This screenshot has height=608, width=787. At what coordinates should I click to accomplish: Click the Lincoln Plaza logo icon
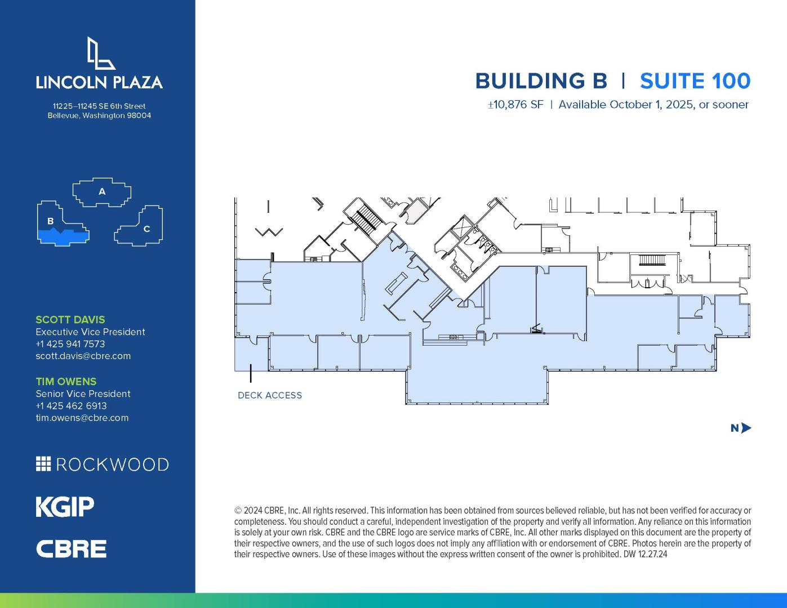pos(101,53)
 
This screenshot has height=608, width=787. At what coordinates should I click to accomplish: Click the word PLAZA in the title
pos(137,82)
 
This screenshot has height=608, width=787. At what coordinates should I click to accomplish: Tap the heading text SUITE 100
pos(695,81)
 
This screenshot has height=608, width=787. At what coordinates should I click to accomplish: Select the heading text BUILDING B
pos(541,81)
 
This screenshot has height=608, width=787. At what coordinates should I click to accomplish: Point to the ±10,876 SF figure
pos(515,105)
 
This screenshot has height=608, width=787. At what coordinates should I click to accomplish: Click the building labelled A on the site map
pos(102,192)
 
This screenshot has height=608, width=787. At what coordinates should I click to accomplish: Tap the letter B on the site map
pos(51,221)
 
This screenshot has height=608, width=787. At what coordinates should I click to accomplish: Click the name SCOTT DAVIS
pos(70,320)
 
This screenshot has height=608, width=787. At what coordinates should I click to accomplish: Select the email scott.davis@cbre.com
pos(83,356)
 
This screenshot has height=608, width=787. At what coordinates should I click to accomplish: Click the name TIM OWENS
pos(66,382)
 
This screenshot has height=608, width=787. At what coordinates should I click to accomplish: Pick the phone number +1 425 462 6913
pos(72,406)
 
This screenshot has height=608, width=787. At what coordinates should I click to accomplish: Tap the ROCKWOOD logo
pos(103,464)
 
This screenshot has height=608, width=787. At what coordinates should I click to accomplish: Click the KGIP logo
pos(65,507)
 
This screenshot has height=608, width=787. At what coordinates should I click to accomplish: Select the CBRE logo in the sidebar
pos(71,549)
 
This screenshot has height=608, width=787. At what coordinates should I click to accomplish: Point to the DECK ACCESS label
pos(270,395)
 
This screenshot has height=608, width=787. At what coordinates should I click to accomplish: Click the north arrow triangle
pos(746,428)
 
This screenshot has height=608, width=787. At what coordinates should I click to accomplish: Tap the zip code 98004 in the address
pos(139,115)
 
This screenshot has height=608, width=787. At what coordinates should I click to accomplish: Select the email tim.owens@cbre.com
pos(82,418)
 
